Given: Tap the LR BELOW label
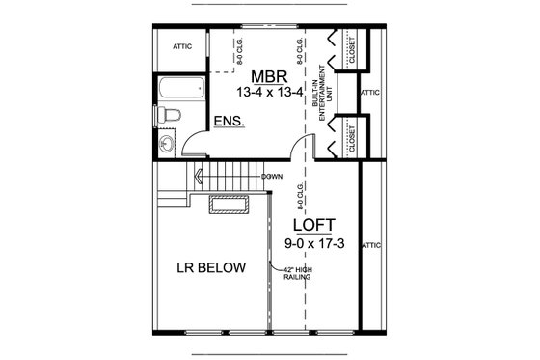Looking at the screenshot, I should [210, 267].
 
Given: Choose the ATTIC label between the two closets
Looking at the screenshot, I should [370, 93].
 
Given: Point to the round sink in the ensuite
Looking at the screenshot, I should [166, 146].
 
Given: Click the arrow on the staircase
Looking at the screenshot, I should [201, 176].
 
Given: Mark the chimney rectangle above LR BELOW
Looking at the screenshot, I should [230, 205].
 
